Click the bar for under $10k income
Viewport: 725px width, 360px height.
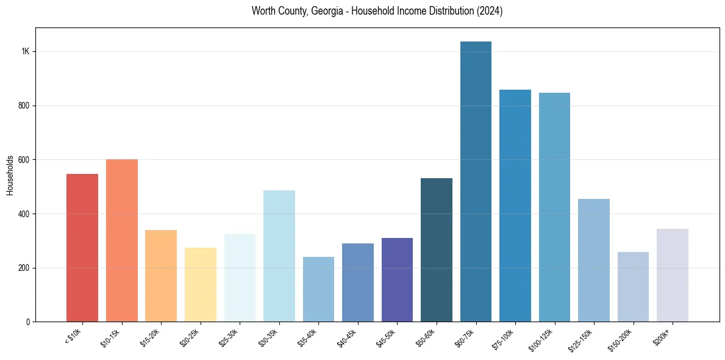click(x=82, y=248)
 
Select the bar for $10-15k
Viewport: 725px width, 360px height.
click(x=122, y=240)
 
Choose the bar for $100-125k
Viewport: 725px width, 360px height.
click(x=554, y=207)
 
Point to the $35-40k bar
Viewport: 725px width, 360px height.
click(x=318, y=289)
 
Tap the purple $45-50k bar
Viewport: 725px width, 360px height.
click(x=397, y=279)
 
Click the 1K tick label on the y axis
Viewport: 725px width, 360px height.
click(x=26, y=52)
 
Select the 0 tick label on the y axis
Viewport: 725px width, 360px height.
click(x=28, y=322)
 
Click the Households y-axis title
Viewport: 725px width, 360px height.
click(x=10, y=175)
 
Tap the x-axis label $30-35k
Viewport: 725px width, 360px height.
click(x=268, y=337)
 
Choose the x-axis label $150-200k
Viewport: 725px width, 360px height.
click(x=621, y=339)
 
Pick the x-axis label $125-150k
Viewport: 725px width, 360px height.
click(x=582, y=339)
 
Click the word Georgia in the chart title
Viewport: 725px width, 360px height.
click(x=324, y=11)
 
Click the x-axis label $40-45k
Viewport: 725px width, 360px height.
click(x=347, y=337)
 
